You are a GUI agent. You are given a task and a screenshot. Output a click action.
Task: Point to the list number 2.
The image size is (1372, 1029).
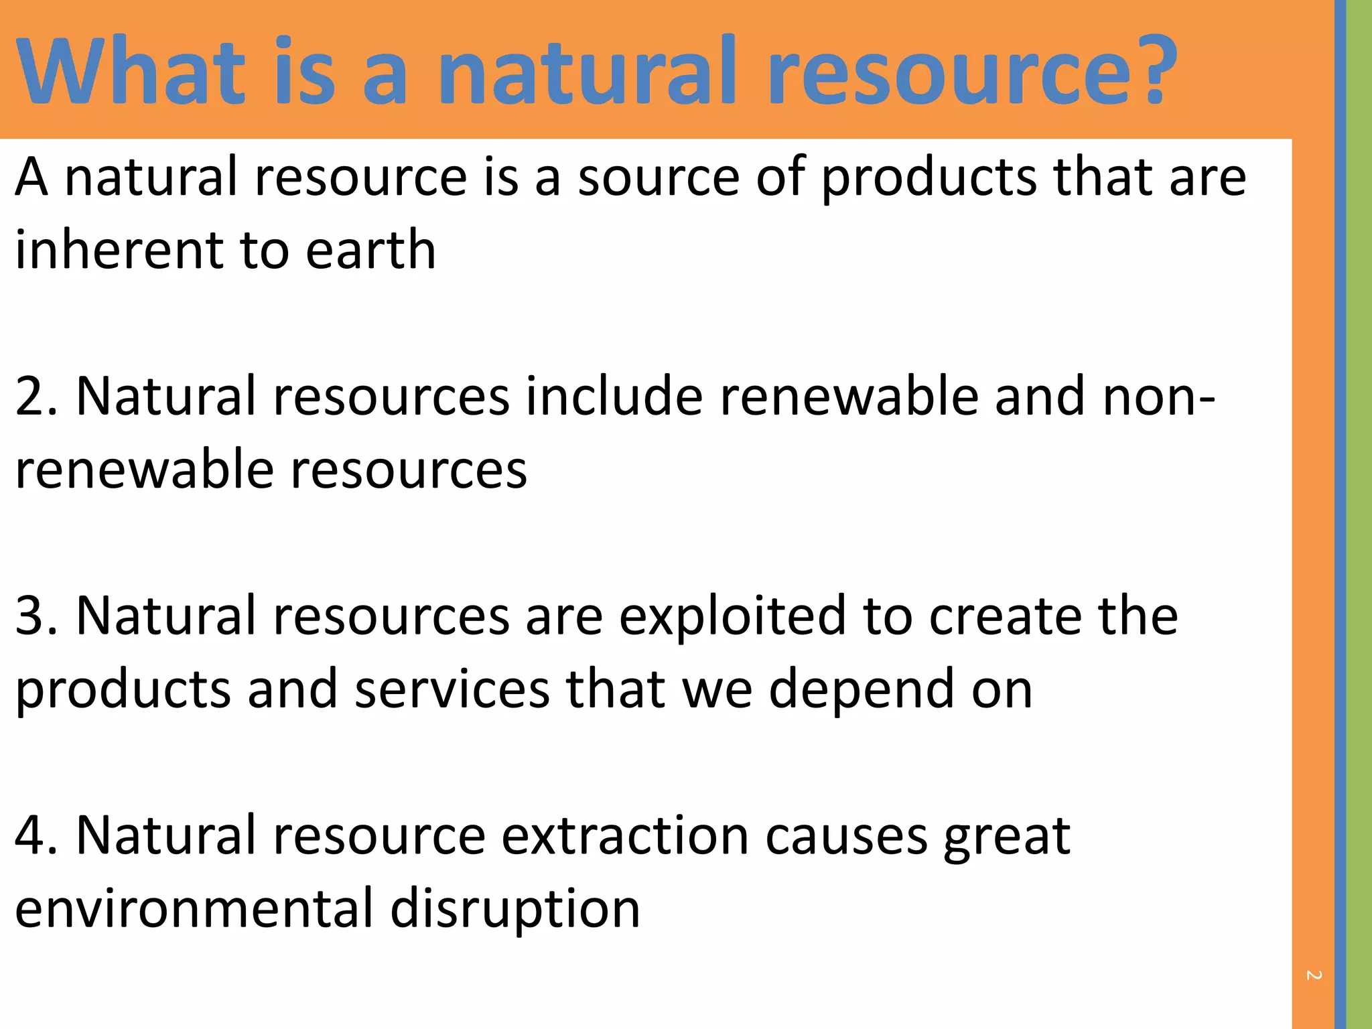pyautogui.click(x=37, y=397)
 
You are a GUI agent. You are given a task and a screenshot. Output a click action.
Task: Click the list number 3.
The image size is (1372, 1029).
pyautogui.click(x=37, y=616)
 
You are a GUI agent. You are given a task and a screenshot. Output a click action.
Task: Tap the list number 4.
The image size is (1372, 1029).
pyautogui.click(x=37, y=836)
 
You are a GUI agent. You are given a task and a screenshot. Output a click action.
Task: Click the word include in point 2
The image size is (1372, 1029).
pyautogui.click(x=614, y=397)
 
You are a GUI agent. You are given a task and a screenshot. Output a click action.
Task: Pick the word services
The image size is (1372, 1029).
pyautogui.click(x=452, y=690)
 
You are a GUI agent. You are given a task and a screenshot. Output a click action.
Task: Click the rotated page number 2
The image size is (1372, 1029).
pyautogui.click(x=1314, y=975)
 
